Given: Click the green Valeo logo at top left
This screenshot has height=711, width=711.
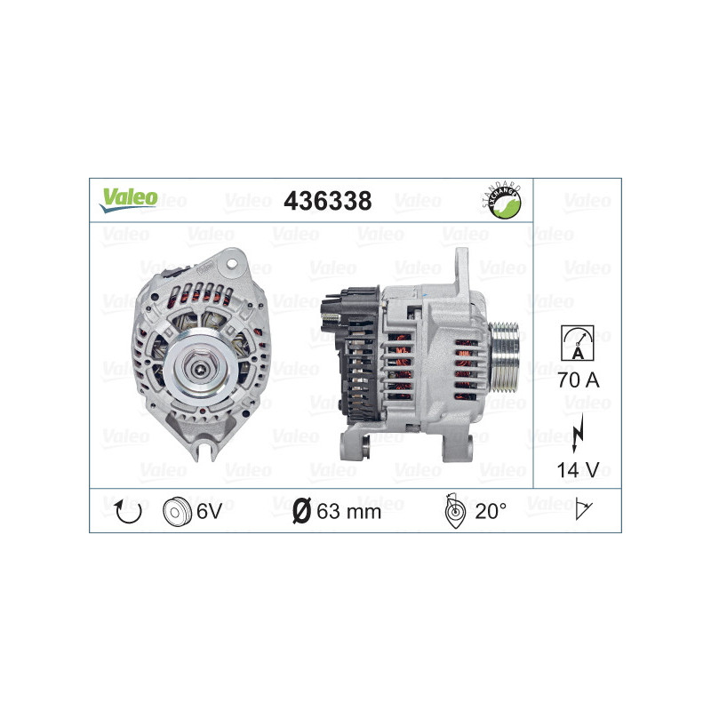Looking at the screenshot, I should (128, 199).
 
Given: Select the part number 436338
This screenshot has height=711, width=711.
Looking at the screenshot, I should (326, 201).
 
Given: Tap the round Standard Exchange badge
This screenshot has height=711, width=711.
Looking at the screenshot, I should (500, 201).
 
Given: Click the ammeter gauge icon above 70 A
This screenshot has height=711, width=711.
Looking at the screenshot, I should (578, 343).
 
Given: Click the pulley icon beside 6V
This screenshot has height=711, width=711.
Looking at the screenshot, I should (177, 510).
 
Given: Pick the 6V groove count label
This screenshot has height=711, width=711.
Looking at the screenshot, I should (209, 510).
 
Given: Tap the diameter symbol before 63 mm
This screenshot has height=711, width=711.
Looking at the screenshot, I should (301, 510).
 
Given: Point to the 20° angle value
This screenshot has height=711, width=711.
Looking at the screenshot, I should (491, 510).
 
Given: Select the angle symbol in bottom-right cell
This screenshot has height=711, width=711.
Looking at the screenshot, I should (583, 510).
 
